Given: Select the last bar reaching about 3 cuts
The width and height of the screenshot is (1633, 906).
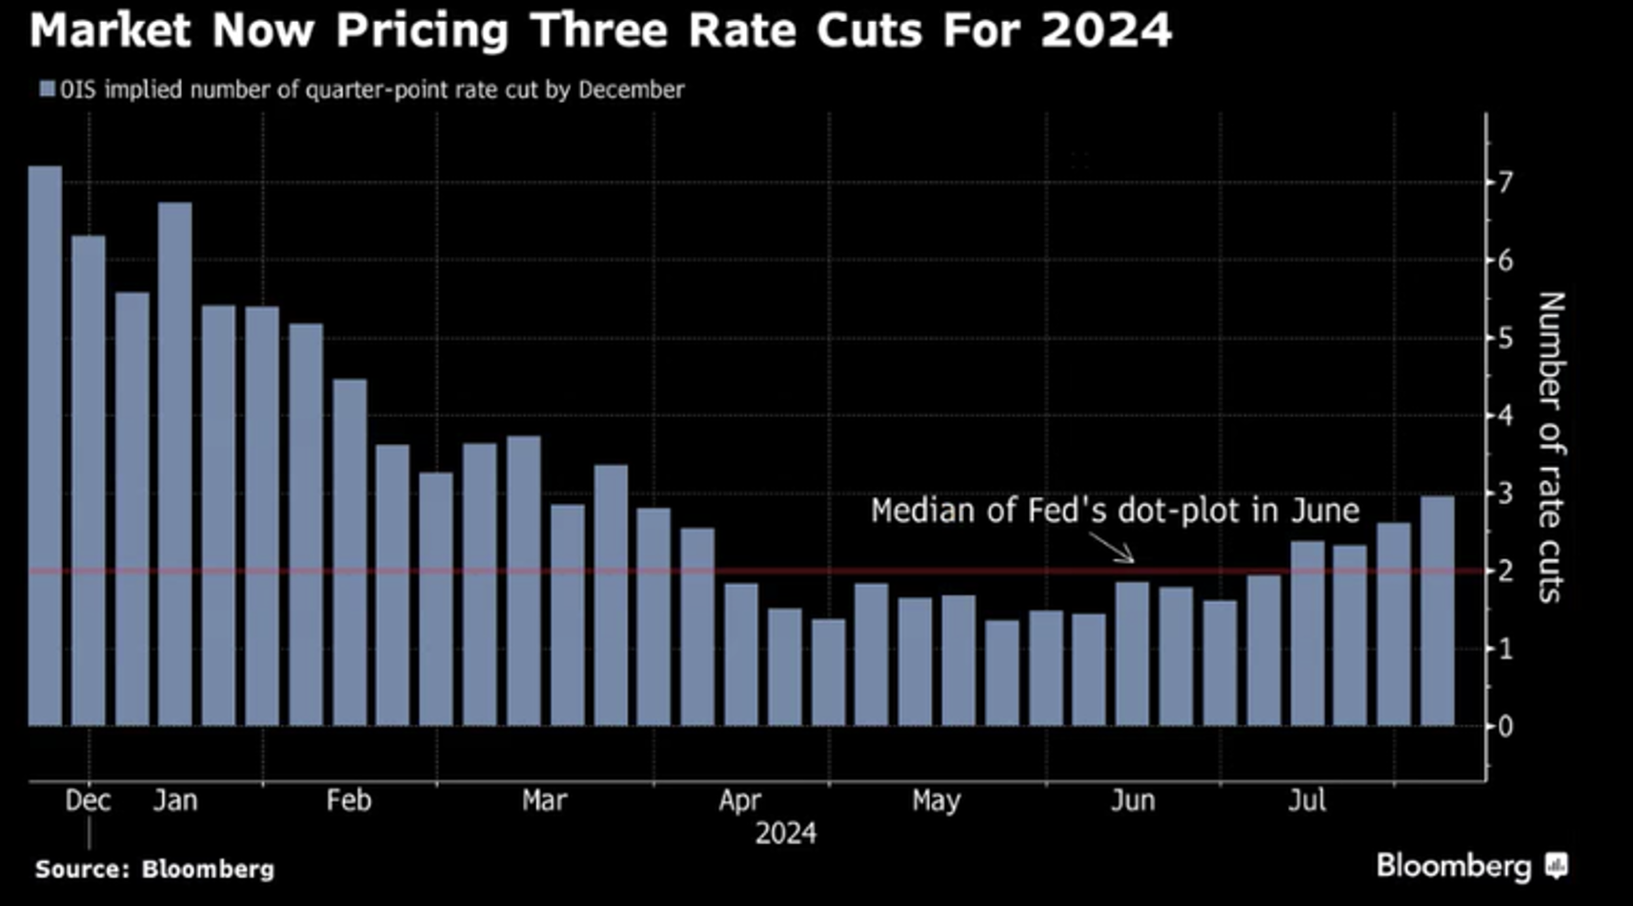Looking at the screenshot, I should pos(1437,611).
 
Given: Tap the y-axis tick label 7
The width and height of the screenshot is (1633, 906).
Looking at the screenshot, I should pos(1505,182).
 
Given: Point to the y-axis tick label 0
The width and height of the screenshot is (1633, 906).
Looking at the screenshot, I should pos(1505,727).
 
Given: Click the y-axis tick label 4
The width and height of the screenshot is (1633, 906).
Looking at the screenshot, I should pos(1505,415).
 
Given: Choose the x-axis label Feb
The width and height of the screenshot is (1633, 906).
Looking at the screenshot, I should pos(349,800).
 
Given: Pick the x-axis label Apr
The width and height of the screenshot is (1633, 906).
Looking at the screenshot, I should pos(739,800).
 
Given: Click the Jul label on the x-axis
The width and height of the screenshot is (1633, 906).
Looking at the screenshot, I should pos(1307,800).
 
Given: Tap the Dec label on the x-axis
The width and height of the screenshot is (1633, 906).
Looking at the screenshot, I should pos(88,800).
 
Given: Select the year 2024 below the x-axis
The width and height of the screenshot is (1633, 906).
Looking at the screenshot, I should pos(785,834).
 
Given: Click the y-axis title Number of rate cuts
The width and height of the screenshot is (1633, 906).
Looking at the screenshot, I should pos(1551,447).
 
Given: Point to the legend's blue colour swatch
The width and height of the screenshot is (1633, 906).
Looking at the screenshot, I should pos(47,90).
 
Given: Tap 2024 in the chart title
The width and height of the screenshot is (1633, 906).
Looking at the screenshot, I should pos(1106,30).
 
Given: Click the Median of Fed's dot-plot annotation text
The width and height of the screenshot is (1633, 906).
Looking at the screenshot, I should pos(1115,511).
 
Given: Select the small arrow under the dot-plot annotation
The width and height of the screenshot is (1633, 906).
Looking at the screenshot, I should pos(1113,548).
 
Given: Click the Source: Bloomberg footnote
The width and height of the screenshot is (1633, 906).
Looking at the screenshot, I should pos(154,869).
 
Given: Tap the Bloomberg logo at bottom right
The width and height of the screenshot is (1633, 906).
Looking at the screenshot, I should pos(1471,865).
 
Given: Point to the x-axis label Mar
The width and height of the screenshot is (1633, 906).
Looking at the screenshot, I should pos(544,800).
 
